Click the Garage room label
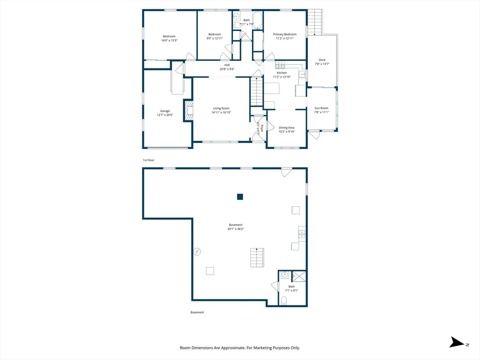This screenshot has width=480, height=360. click(165, 111)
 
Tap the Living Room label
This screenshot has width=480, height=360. click(221, 108)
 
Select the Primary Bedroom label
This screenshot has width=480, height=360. click(285, 34)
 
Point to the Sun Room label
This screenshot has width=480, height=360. click(322, 108)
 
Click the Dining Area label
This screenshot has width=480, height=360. click(286, 127)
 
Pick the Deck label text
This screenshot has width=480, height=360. click(322, 60)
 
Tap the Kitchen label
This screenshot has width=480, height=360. click(282, 73)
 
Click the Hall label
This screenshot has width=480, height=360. click(227, 65)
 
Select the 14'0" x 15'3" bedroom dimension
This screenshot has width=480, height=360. click(169, 40)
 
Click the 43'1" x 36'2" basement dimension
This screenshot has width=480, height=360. click(235, 229)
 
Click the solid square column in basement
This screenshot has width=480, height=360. click(240, 197)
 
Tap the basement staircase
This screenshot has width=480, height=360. click(257, 257)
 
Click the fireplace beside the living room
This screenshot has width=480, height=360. click(188, 111)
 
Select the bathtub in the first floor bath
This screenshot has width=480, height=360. click(257, 21)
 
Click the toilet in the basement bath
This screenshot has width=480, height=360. click(284, 300)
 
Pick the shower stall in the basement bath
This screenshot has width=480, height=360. click(299, 276)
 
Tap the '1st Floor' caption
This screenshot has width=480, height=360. click(149, 160)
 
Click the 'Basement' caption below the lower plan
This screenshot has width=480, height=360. click(197, 313)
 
